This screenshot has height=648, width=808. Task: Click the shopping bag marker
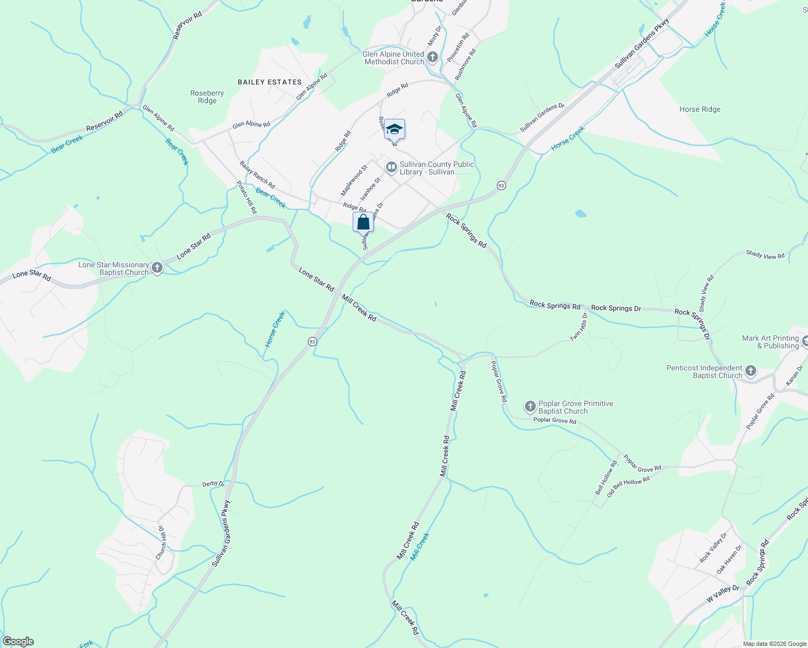pyautogui.click(x=363, y=222)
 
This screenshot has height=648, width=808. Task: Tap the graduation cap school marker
pyautogui.click(x=394, y=130)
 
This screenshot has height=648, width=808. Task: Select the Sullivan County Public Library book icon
pyautogui.click(x=391, y=168)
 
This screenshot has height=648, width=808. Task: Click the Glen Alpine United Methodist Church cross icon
pyautogui.click(x=432, y=57)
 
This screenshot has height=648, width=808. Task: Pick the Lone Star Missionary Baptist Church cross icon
pyautogui.click(x=157, y=268)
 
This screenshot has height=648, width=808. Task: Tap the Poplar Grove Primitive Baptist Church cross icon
pyautogui.click(x=530, y=407)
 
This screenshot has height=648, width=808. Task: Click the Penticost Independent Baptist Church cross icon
pyautogui.click(x=750, y=371)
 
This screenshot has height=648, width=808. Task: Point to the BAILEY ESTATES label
pyautogui.click(x=270, y=82)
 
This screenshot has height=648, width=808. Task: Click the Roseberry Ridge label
pyautogui.click(x=207, y=97)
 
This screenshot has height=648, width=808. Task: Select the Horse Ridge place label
pyautogui.click(x=699, y=109)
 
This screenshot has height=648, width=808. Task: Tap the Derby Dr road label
pyautogui.click(x=213, y=483)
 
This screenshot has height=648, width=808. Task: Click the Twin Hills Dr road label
pyautogui.click(x=579, y=327)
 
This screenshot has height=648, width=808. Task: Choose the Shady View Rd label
pyautogui.click(x=765, y=255)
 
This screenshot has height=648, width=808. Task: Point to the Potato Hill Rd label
pyautogui.click(x=247, y=197)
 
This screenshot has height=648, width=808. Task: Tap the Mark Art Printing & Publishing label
pyautogui.click(x=770, y=342)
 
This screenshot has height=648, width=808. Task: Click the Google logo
pyautogui.click(x=18, y=642)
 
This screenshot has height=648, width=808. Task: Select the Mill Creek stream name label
pyautogui.click(x=420, y=546)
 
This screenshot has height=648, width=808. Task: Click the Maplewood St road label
pyautogui.click(x=354, y=180)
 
